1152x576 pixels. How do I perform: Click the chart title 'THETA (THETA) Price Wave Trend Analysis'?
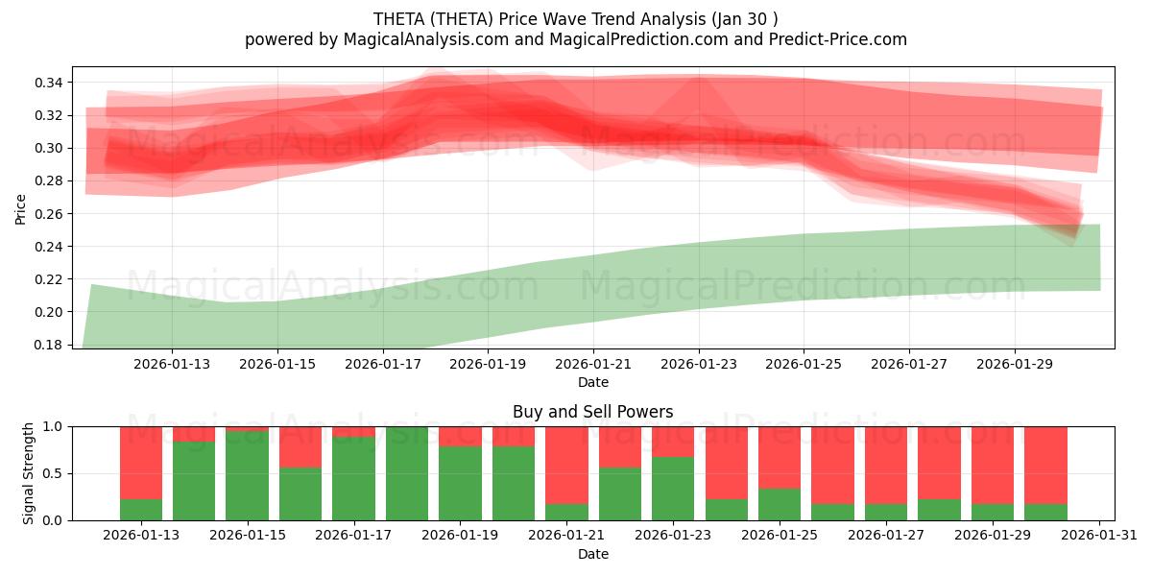click(x=575, y=18)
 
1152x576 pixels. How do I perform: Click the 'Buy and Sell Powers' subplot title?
click(x=592, y=412)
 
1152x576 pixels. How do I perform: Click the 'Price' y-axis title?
click(x=21, y=207)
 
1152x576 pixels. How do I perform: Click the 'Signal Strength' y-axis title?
click(x=29, y=473)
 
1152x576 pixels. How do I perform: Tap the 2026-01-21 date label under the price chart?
click(x=593, y=364)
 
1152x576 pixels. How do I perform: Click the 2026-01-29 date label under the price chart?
click(x=1015, y=364)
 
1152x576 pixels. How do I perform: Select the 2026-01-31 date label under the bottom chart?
click(x=1098, y=535)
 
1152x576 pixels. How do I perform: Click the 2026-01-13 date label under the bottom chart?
click(x=141, y=535)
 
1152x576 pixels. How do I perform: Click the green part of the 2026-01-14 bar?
click(x=194, y=480)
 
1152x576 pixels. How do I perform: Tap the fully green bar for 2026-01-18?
click(x=407, y=473)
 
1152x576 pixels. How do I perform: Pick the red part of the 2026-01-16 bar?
click(x=300, y=446)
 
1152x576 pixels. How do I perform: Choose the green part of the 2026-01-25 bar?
click(x=780, y=504)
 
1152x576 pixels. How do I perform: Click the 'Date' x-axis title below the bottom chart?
click(x=592, y=554)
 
